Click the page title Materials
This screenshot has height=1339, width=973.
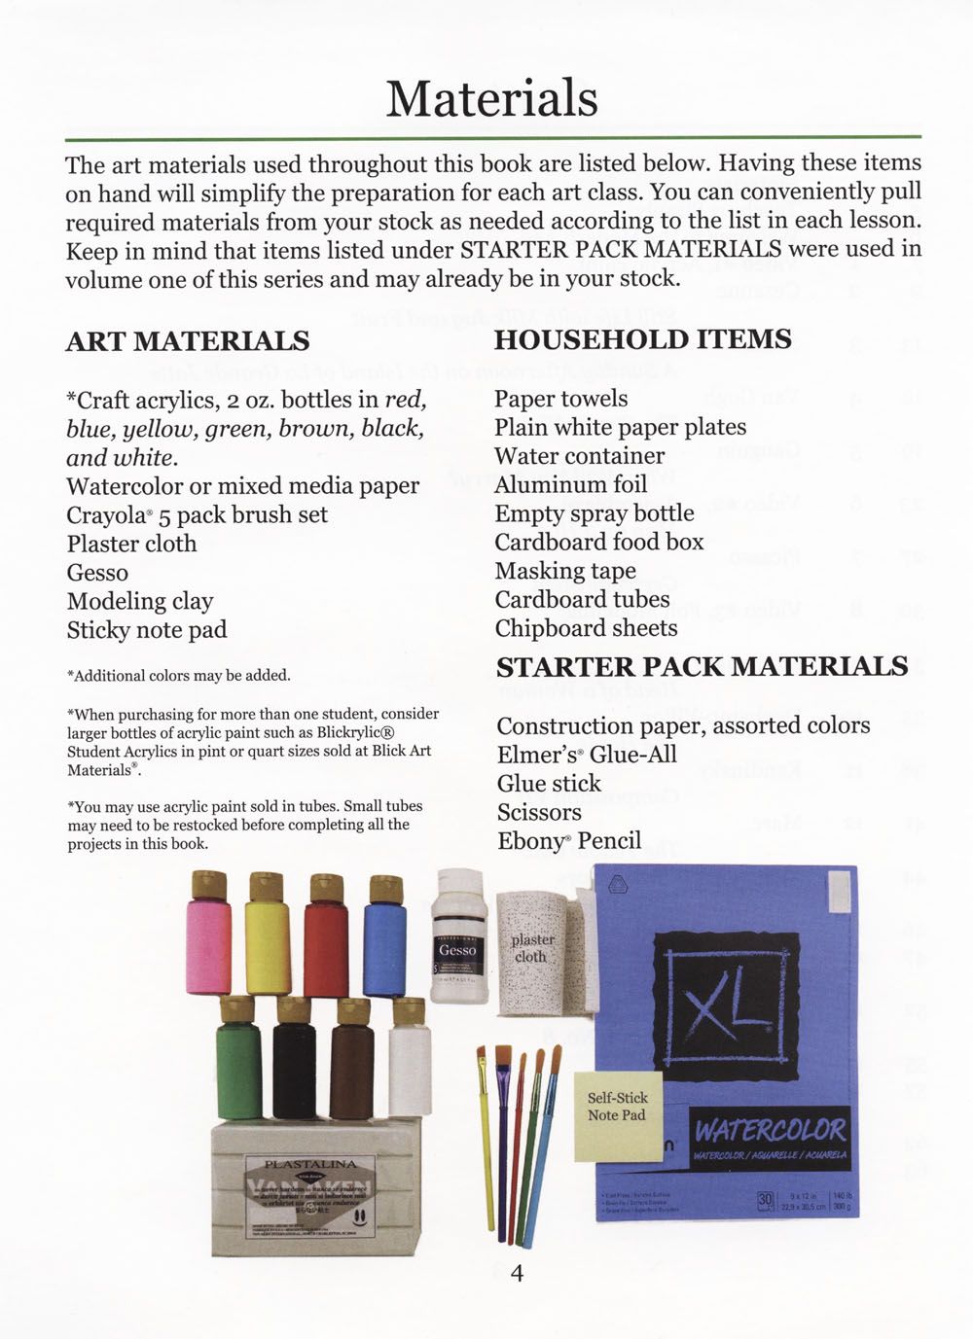(491, 98)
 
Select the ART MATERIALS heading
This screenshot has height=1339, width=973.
(188, 341)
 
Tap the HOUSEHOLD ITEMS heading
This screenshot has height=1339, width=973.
(642, 339)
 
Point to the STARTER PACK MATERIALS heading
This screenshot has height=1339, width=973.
(702, 667)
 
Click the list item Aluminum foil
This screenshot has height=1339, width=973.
(570, 484)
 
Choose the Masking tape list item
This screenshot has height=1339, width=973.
(564, 571)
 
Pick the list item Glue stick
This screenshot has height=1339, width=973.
(549, 784)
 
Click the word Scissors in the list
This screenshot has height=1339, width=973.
(539, 812)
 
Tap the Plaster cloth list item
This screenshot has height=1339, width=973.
(131, 544)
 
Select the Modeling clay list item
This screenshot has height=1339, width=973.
(140, 602)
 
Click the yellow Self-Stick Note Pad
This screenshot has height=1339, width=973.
(617, 1114)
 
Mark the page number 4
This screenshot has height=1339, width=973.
(517, 1273)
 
